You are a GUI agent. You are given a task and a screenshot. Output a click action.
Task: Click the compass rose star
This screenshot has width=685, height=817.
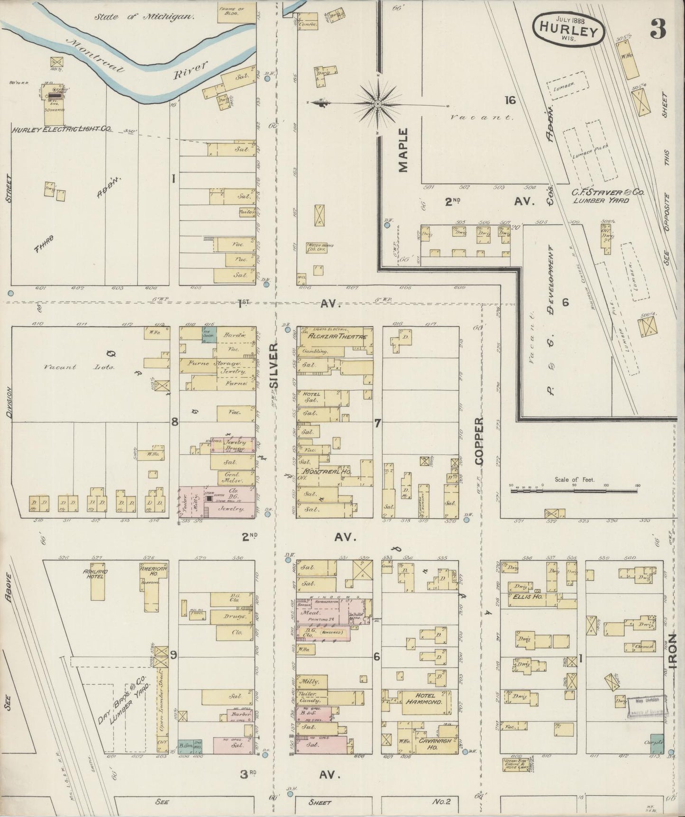(378, 103)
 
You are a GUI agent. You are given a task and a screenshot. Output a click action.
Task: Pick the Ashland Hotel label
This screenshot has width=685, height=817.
(95, 574)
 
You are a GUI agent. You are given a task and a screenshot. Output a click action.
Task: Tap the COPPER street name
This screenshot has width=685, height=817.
(479, 441)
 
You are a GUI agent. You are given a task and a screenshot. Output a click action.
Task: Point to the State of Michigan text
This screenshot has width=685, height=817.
(144, 17)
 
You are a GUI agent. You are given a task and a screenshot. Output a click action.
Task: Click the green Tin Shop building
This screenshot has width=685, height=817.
(209, 333)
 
